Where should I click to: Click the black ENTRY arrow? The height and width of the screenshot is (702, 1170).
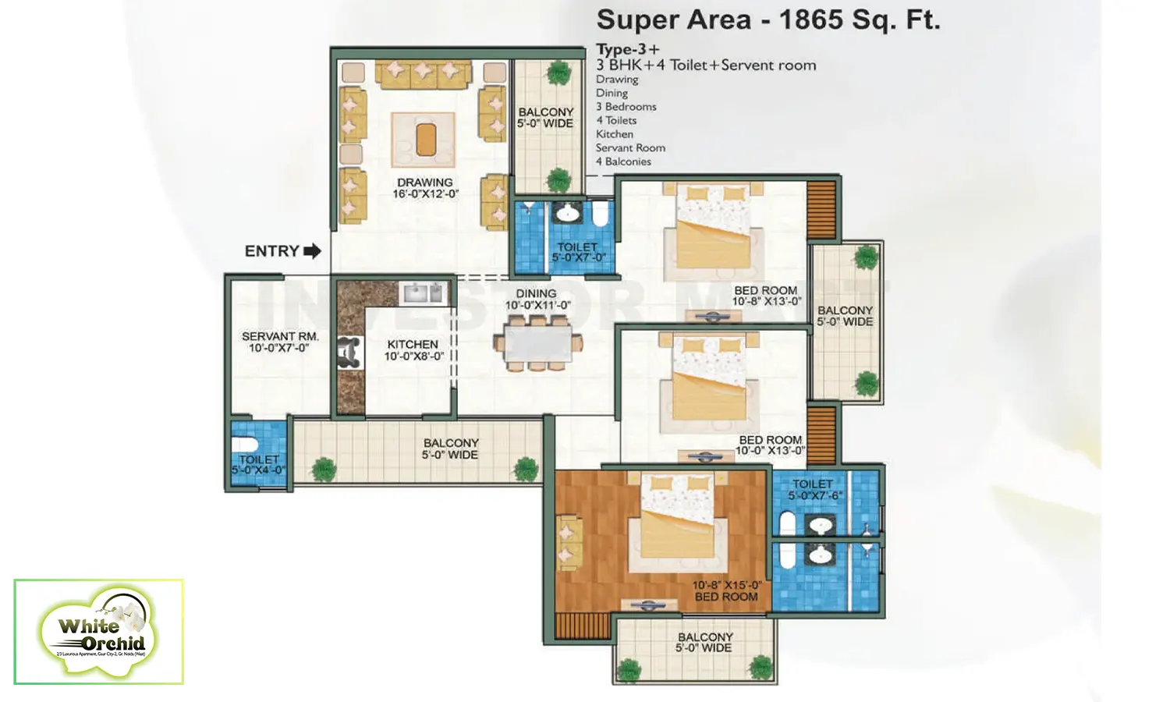click(x=312, y=251)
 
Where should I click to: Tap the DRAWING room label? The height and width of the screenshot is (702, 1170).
click(x=425, y=188)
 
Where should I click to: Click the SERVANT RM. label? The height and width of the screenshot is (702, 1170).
click(x=279, y=342)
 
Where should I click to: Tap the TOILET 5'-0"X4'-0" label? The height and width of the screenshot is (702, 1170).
click(x=258, y=465)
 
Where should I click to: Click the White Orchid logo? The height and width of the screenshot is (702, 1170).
click(x=99, y=632)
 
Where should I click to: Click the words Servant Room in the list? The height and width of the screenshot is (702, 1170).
click(x=630, y=147)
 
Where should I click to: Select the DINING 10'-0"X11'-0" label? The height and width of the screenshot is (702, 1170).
click(x=537, y=300)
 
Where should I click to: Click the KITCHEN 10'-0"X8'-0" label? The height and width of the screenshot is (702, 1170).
click(x=413, y=350)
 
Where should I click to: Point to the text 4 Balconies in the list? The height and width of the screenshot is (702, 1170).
click(x=623, y=161)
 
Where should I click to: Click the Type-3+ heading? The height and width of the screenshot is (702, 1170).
click(x=627, y=49)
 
